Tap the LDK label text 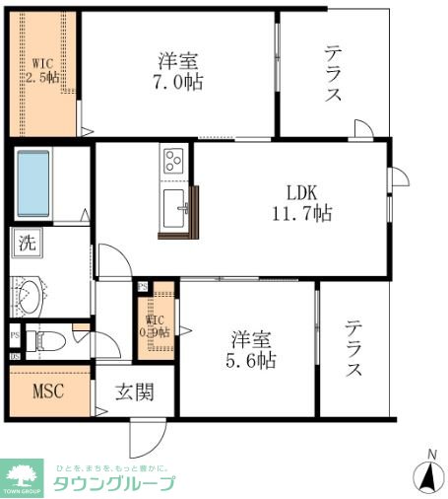point(301,191)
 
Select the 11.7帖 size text point(301,212)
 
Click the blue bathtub point(39,183)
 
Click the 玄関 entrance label point(135,392)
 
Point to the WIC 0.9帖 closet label point(157,326)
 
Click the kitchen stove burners point(173,160)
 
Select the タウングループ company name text point(113,483)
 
